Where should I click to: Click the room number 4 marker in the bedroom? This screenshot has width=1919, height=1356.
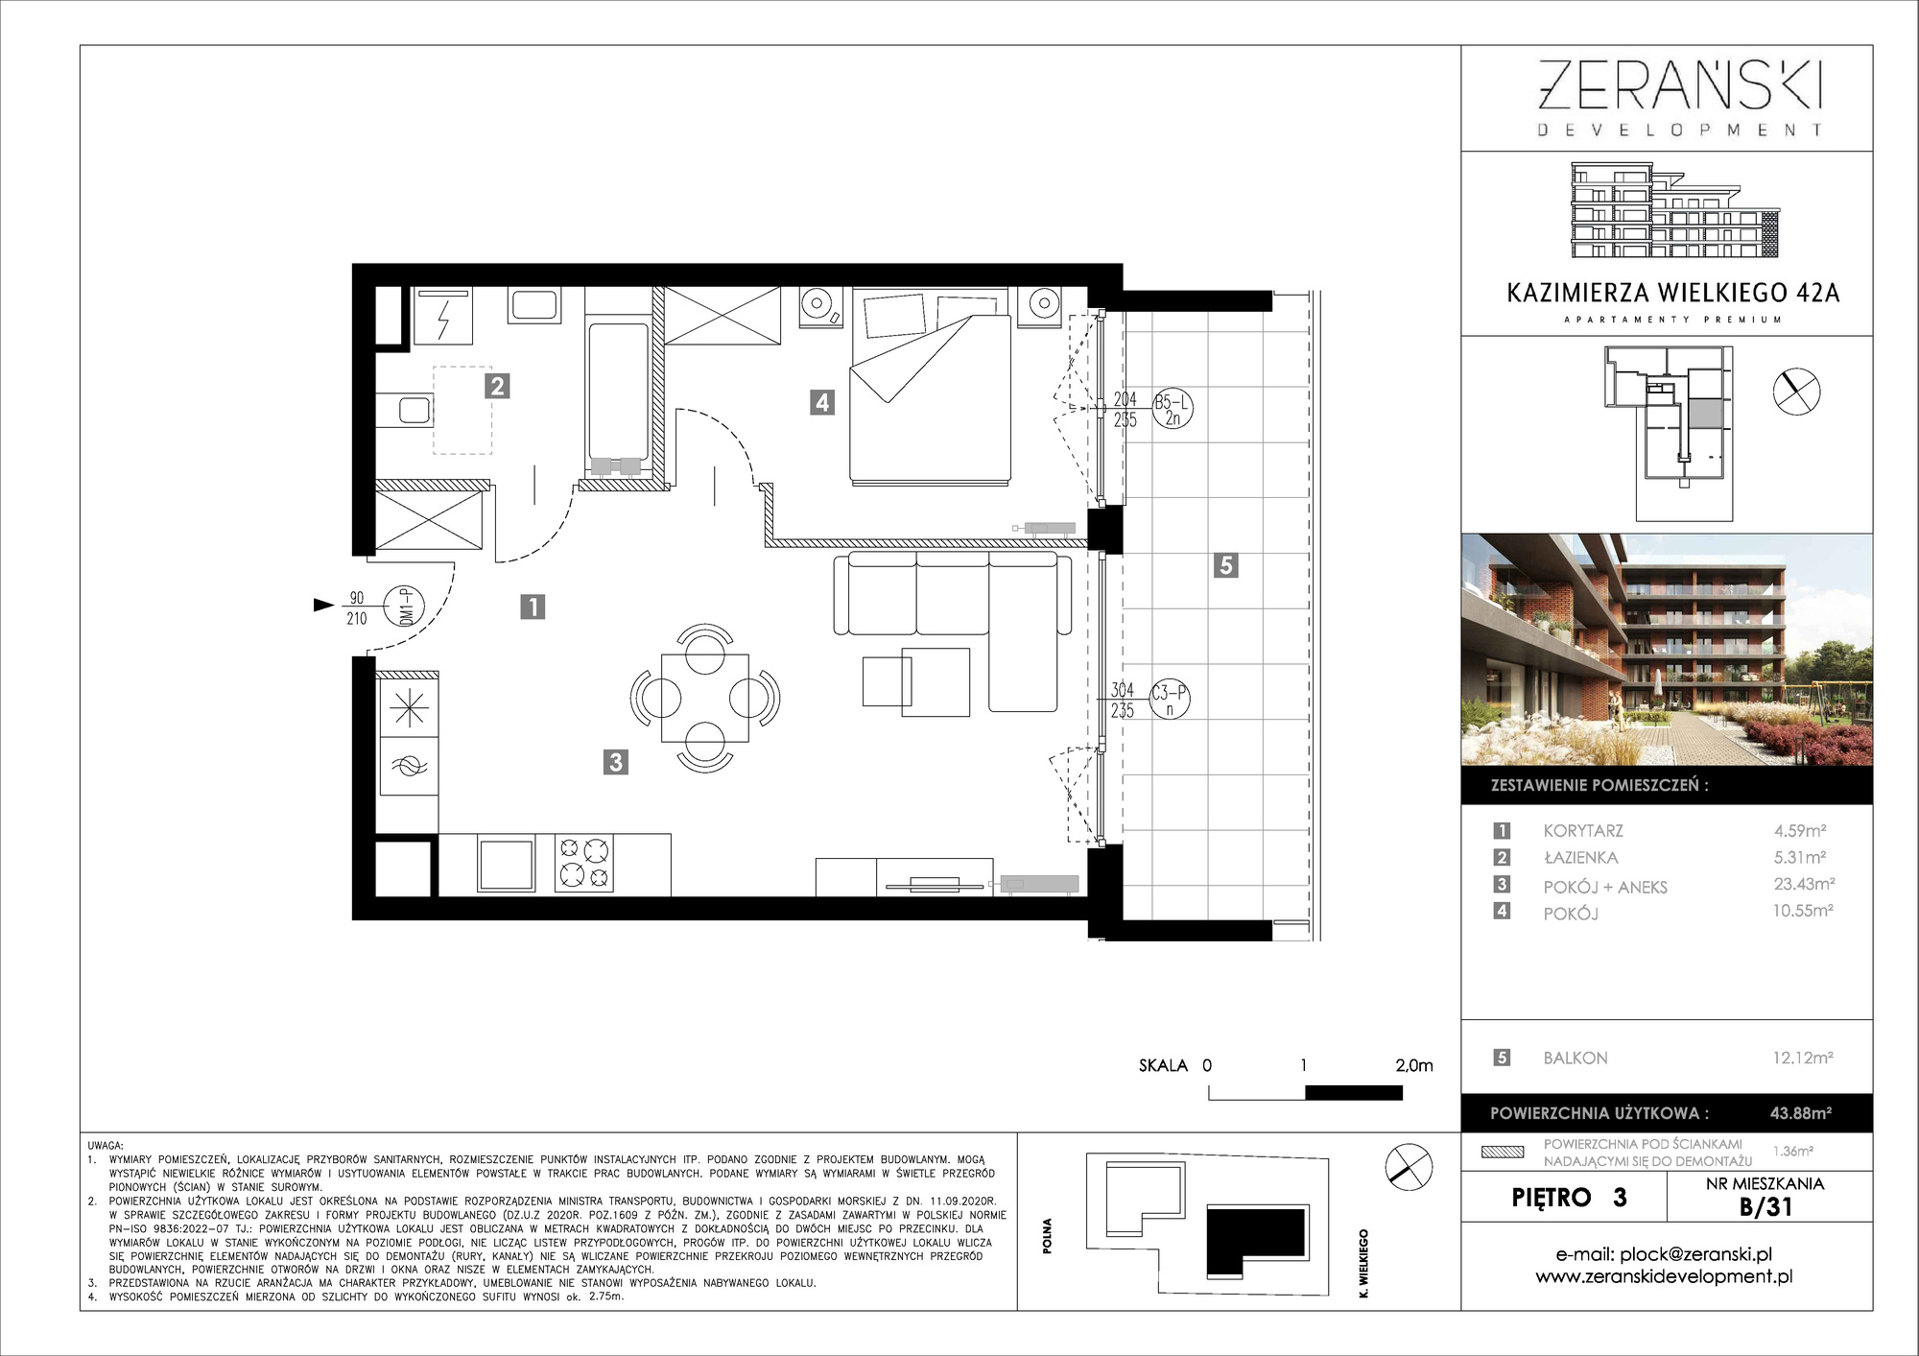point(821,402)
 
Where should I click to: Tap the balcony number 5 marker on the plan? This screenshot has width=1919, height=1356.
point(1225,565)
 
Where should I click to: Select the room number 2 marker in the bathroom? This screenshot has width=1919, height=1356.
point(496,386)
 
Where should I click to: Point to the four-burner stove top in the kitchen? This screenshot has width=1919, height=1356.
point(584,862)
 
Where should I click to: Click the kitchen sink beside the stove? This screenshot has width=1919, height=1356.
point(506,864)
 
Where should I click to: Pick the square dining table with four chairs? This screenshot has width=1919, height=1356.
point(705,698)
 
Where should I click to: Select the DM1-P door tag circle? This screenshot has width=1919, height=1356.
point(404,607)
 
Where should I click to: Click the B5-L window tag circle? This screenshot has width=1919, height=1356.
point(1172,409)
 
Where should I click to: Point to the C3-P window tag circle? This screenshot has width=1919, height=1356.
point(1169,700)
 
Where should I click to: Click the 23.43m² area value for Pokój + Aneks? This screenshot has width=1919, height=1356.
point(1804,884)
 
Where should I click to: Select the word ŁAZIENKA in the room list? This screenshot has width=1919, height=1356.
point(1580,858)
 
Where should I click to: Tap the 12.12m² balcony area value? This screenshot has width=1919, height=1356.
point(1803,1058)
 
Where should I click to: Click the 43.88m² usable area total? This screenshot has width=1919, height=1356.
point(1801,1113)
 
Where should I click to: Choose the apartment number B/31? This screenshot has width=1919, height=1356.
point(1765,1206)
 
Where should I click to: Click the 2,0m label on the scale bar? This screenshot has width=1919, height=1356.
point(1413,1065)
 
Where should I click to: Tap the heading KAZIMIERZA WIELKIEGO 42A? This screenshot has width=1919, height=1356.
point(1673,293)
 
